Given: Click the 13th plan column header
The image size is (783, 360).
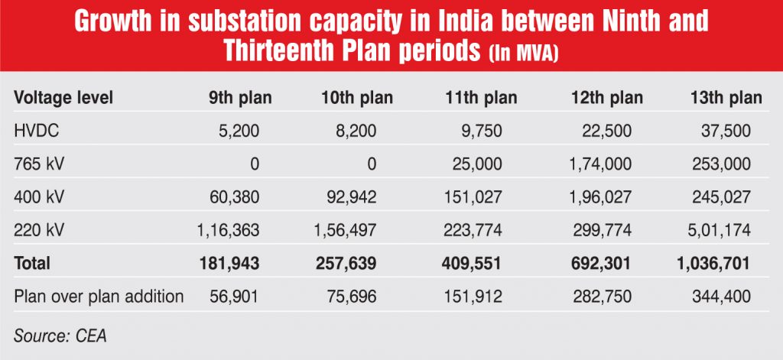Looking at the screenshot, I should [726, 98].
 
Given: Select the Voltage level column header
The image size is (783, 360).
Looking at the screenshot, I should [63, 98].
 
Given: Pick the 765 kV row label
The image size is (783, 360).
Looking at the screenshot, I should [38, 164].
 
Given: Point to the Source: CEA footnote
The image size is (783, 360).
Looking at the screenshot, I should [57, 333].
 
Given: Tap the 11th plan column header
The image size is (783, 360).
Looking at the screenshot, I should [481, 98].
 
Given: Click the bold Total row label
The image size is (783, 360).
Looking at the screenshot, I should [32, 264].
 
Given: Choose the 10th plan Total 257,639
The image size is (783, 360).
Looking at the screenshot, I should [346, 264].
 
